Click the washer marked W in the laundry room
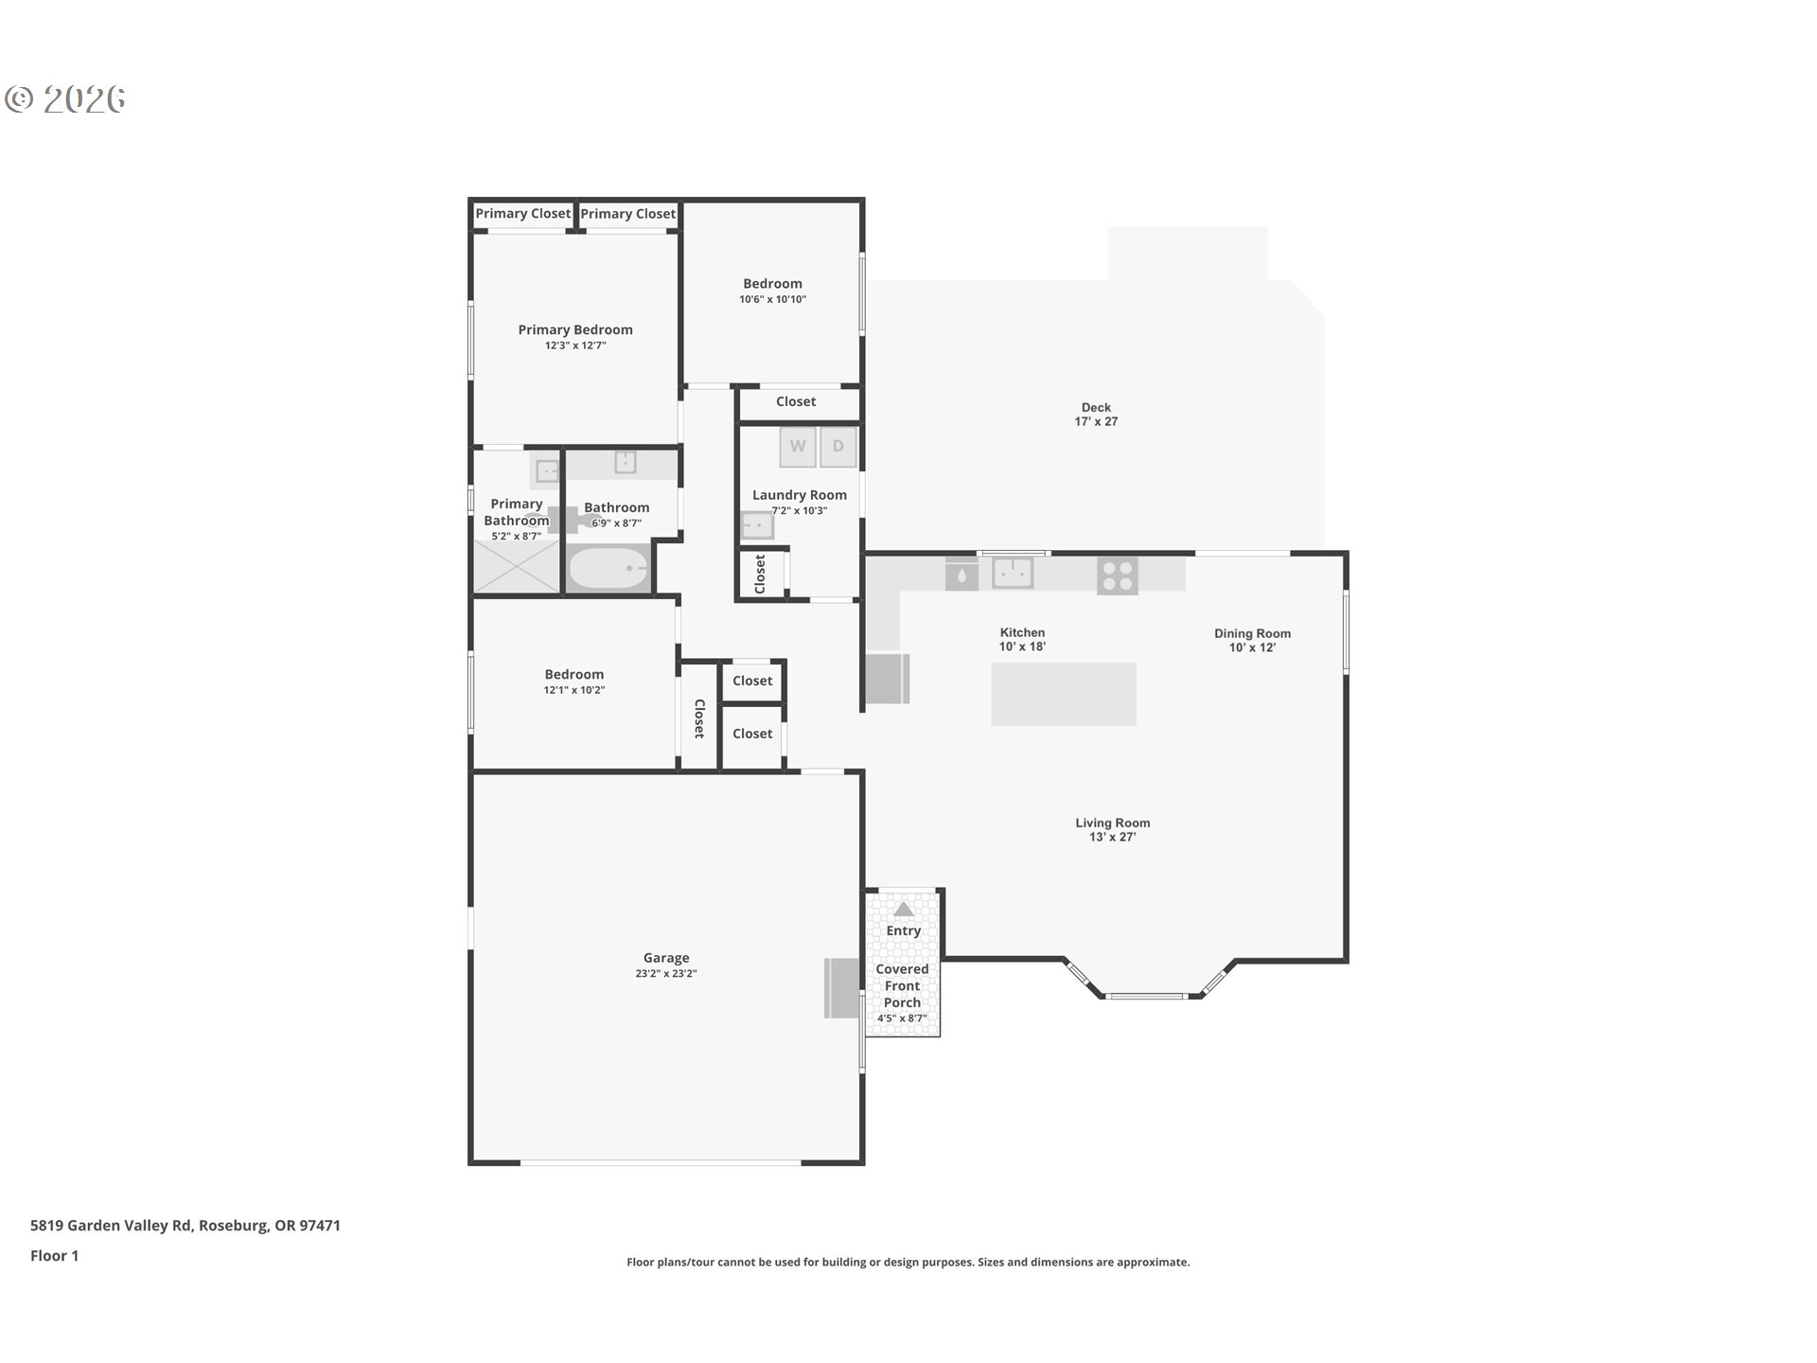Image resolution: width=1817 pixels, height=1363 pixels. coord(798,447)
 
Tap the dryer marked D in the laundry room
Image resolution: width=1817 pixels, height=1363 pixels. coord(838,447)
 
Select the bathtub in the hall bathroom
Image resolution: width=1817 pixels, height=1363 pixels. coord(609,568)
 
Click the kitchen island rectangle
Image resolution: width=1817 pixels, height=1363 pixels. coord(1064,694)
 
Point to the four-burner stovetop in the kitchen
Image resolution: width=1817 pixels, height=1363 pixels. coord(1118,575)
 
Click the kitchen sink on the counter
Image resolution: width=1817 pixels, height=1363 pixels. coord(1012,573)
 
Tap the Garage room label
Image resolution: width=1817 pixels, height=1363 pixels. coord(666,958)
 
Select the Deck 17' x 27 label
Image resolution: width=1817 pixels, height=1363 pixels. coord(1096,415)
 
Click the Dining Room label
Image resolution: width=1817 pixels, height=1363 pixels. coord(1252,633)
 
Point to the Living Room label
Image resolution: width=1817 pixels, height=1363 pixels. coord(1112,823)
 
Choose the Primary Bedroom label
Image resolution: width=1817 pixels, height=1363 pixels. coord(575,329)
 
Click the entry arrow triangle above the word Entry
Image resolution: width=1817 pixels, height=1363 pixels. coord(904,909)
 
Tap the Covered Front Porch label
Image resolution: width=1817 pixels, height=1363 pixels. coord(902,985)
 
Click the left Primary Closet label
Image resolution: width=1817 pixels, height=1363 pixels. coord(523,214)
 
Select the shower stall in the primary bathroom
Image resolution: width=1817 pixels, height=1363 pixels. coord(517,566)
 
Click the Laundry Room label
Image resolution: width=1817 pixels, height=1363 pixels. coord(800,495)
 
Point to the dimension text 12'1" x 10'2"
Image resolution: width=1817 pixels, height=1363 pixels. coord(574,690)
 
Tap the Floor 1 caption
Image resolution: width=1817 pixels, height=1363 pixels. coord(54,1255)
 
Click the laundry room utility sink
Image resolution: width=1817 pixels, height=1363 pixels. coord(757,524)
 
